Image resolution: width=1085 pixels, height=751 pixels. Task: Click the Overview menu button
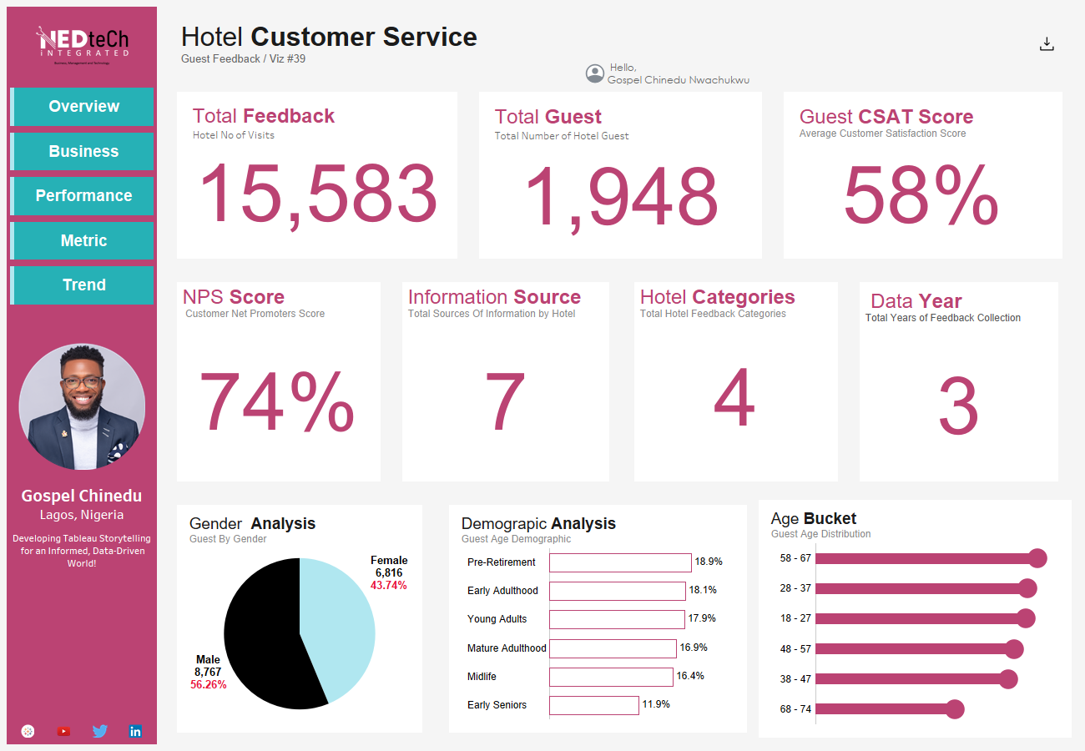pos(83,107)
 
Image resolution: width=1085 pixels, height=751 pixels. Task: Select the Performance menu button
pos(83,196)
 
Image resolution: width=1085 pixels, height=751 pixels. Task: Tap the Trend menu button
pos(83,285)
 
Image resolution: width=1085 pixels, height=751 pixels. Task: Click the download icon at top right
pos(1047,45)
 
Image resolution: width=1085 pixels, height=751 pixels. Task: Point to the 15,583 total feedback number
pos(317,194)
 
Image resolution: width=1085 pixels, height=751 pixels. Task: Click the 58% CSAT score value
pos(921,196)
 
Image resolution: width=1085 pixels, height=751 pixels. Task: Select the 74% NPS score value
pos(277,402)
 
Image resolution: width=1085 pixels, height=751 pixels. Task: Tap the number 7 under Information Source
pos(505,402)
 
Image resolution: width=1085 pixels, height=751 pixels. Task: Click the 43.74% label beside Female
pos(388,586)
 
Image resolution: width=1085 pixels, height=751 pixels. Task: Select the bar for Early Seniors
pos(594,705)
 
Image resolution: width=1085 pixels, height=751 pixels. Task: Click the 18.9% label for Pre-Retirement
pos(709,562)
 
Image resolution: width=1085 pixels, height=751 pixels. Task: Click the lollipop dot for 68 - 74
pos(955,709)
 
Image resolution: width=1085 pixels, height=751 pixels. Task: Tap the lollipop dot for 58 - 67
pos(1037,559)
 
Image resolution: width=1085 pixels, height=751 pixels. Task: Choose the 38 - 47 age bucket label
pos(795,679)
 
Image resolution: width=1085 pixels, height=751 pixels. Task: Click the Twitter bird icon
pos(100,732)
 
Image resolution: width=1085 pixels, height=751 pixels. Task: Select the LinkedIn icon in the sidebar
pos(135,732)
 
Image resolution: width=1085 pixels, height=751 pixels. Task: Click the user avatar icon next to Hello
pos(595,73)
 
